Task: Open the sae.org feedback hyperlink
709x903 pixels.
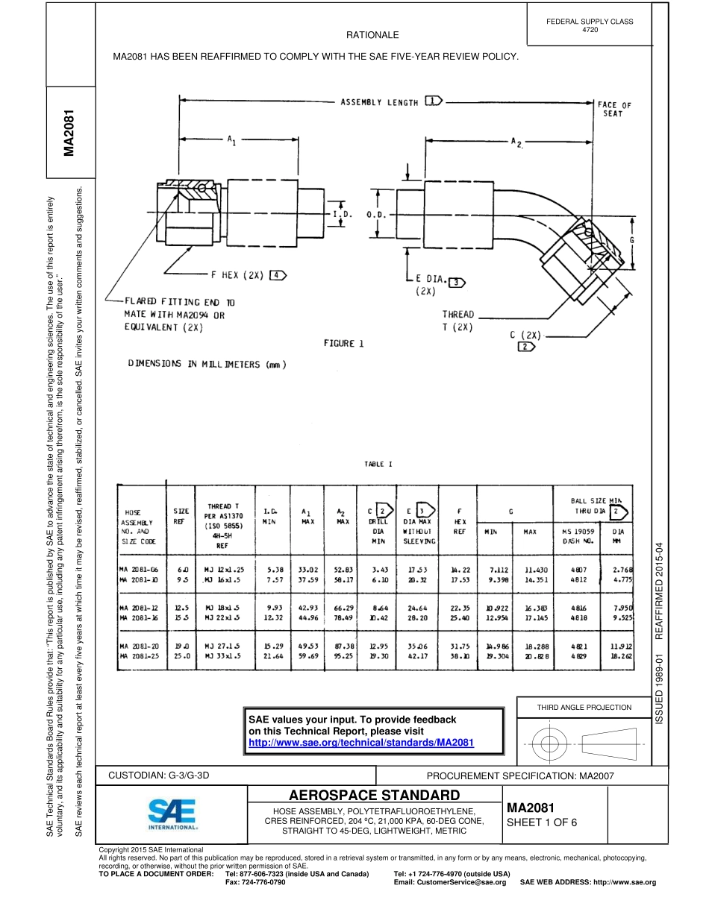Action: coord(361,743)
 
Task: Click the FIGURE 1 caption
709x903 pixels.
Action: coord(343,343)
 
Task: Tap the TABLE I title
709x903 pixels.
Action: coord(374,464)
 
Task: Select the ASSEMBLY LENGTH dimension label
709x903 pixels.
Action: coord(379,102)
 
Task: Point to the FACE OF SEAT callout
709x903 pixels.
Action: coord(614,109)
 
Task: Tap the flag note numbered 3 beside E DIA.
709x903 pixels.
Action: coord(455,281)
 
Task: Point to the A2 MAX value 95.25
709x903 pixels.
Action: coord(343,655)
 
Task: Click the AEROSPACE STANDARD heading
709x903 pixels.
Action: coord(374,795)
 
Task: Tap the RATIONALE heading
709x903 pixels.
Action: coord(372,35)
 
